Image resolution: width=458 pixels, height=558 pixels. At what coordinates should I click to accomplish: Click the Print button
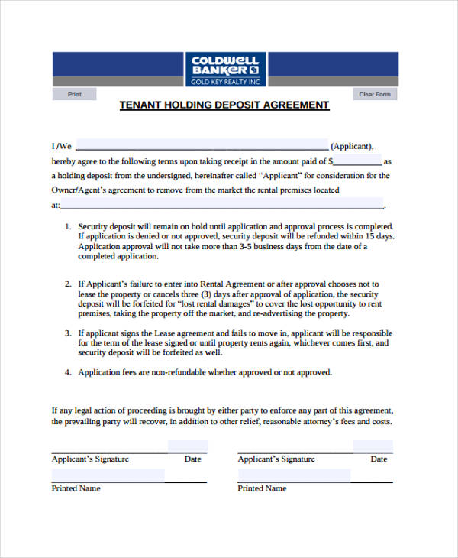pos(74,95)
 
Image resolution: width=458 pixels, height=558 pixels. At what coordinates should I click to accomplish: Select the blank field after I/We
pos(202,146)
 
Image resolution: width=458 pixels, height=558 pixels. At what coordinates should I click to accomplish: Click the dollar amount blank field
pos(357,161)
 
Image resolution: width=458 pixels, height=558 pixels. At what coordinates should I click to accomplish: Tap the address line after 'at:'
pos(221,206)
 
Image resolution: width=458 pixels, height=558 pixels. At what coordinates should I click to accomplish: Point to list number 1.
pos(67,227)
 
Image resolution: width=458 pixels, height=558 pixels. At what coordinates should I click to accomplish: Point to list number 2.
pos(67,284)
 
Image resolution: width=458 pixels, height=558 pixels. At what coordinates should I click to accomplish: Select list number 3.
pos(67,333)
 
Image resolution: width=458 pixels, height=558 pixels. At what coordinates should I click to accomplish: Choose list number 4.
pos(67,372)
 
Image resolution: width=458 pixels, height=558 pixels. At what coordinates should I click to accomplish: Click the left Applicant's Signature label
pos(90,459)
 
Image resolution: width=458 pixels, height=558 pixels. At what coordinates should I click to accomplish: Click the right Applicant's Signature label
pos(276,459)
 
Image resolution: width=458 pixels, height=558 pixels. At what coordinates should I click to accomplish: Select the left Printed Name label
pos(76,488)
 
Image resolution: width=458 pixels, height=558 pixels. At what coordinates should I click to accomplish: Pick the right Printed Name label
pos(262,488)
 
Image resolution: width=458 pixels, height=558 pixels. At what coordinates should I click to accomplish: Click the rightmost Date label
pos(379,459)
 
